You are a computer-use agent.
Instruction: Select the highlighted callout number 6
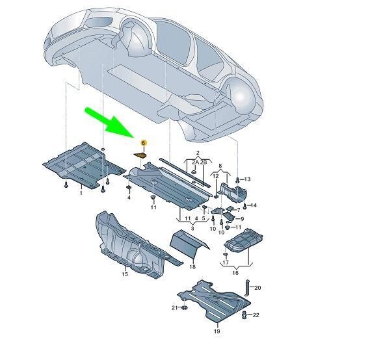[x=143, y=142]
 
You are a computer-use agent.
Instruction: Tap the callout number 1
[x=81, y=193]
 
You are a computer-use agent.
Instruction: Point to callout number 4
[x=129, y=198]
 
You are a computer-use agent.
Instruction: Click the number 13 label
[x=247, y=179]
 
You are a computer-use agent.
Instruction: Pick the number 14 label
[x=254, y=205]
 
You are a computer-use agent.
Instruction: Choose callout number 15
[x=125, y=275]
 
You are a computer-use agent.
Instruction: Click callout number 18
[x=192, y=267]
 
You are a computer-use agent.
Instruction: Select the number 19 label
[x=217, y=331]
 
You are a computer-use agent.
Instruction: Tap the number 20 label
[x=257, y=288]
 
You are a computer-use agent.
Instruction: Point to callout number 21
[x=174, y=307]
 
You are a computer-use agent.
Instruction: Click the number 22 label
[x=256, y=315]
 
